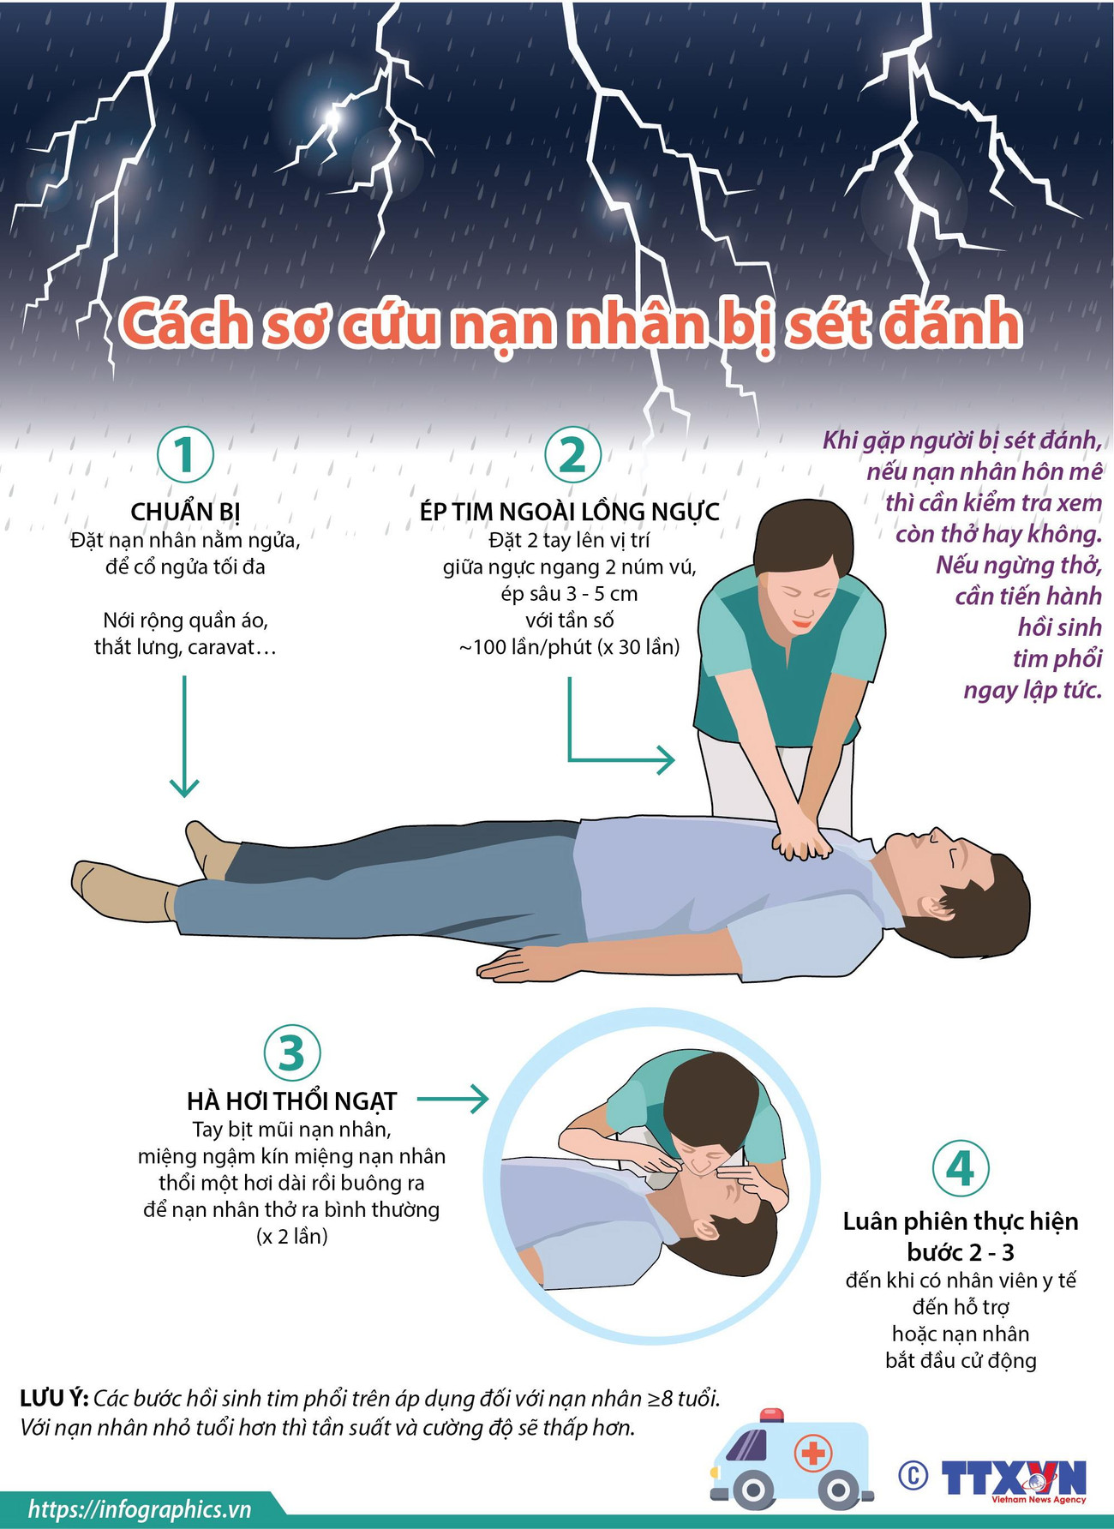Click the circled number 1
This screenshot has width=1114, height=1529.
185,454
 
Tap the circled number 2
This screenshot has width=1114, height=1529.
572,454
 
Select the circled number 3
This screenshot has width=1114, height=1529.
292,1052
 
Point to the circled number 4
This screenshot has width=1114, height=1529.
960,1168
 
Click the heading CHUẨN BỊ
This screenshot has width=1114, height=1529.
185,512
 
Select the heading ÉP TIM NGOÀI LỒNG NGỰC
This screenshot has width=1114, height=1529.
570,512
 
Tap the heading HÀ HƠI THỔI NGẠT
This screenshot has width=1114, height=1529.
292,1101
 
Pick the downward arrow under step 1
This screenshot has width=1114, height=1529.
184,737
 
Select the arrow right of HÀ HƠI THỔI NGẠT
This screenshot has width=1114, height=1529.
454,1099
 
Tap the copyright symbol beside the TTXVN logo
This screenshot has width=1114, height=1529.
913,1475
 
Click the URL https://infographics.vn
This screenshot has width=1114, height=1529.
140,1509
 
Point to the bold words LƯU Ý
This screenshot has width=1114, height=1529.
53,1399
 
